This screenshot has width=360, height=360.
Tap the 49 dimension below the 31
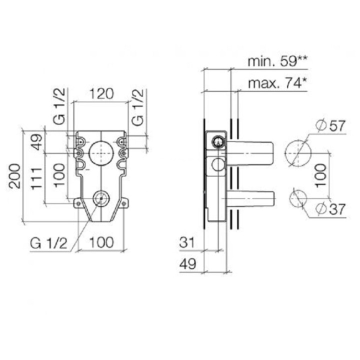(x=186, y=264)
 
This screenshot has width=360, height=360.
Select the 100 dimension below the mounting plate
(x=102, y=243)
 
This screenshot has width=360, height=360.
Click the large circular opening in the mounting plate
(x=101, y=151)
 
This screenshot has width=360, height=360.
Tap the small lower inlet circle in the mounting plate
(x=101, y=198)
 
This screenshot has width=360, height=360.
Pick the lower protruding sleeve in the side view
(x=251, y=199)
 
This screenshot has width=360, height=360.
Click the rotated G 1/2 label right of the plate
(x=138, y=107)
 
